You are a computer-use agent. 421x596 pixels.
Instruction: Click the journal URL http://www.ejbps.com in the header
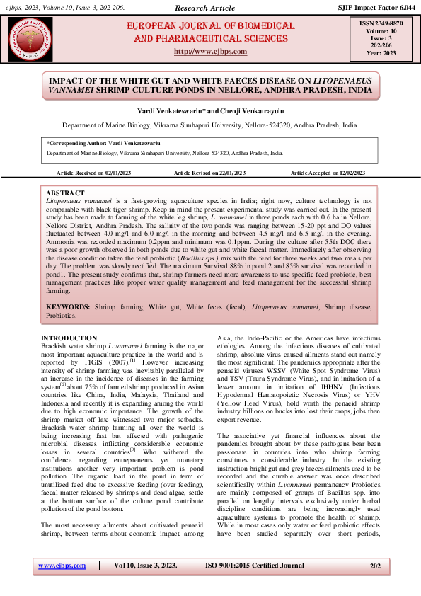point(210,52)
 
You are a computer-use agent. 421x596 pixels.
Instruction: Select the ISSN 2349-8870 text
point(376,23)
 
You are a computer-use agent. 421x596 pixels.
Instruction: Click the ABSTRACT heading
point(64,193)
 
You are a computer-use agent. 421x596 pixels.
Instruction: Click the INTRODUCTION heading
point(69,338)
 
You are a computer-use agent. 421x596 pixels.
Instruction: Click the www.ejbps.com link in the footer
point(62,566)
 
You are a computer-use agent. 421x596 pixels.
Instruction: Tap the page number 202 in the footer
point(375,566)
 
